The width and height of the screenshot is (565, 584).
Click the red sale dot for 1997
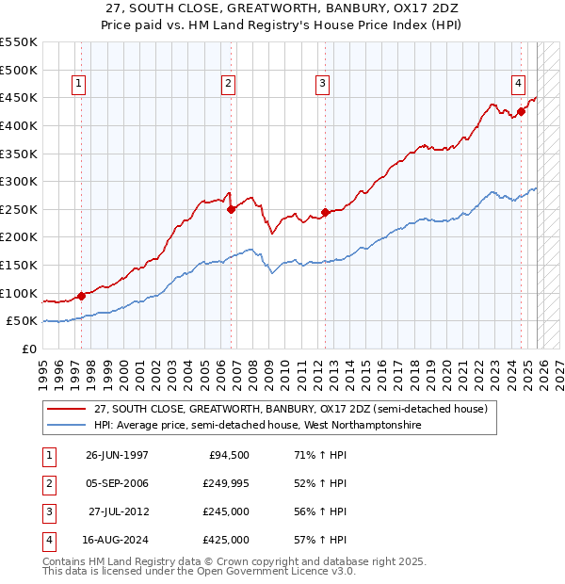coord(82,296)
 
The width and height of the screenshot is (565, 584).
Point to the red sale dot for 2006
coord(231,210)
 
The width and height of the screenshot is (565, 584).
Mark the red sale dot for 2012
coord(326,212)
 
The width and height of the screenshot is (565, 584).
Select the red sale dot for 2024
coord(521,112)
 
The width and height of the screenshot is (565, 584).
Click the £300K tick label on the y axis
coord(18,181)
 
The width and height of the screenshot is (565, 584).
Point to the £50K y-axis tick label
coord(22,321)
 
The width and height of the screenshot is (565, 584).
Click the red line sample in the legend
coord(65,410)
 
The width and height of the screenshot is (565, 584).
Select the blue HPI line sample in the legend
coord(65,426)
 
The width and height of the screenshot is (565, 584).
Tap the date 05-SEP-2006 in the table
coord(117,483)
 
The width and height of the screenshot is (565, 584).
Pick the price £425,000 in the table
coord(225,540)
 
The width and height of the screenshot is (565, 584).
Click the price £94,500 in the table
coord(229,455)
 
